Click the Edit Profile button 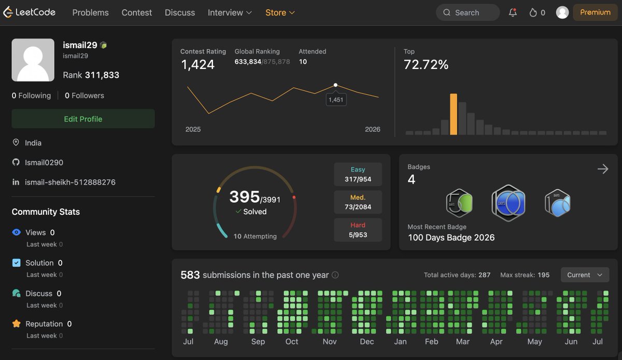(83, 119)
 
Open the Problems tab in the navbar (90, 12)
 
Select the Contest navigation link (137, 12)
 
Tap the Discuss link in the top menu (180, 12)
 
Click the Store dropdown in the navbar (280, 12)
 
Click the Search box (468, 12)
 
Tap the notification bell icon (513, 12)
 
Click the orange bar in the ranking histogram (454, 114)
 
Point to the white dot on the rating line (335, 85)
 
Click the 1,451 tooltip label (336, 100)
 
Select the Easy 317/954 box (358, 174)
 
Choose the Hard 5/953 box (358, 230)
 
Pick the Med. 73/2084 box (358, 202)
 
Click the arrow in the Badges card (603, 169)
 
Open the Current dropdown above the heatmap (585, 274)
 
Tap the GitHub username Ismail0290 (44, 162)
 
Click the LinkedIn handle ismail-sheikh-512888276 (70, 182)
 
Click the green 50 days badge (459, 203)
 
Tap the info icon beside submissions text (335, 275)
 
